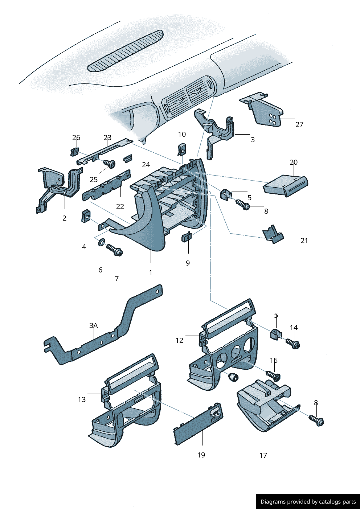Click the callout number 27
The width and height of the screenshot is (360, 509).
point(299,124)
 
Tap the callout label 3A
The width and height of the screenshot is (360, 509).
point(93,325)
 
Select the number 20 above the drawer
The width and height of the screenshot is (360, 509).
point(293,162)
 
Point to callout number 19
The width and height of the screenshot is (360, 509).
point(201,455)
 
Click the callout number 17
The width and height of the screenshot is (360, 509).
point(263,455)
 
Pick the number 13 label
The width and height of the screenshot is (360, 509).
point(82,399)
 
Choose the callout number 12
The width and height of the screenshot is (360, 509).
point(179,340)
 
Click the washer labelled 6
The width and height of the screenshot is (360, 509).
point(101,242)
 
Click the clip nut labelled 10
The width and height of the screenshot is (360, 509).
point(182,148)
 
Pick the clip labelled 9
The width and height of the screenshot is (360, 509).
point(187,237)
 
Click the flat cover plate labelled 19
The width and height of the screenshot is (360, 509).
point(198,424)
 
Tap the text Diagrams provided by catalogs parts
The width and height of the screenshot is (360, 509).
point(308,502)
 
